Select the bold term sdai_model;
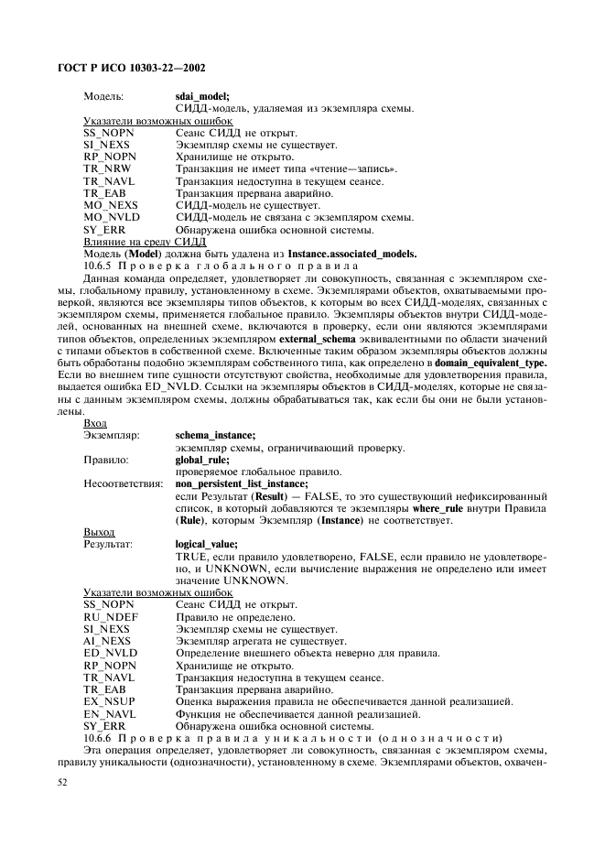[x=201, y=95]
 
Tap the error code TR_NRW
[x=104, y=169]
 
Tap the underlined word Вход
[x=94, y=423]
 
